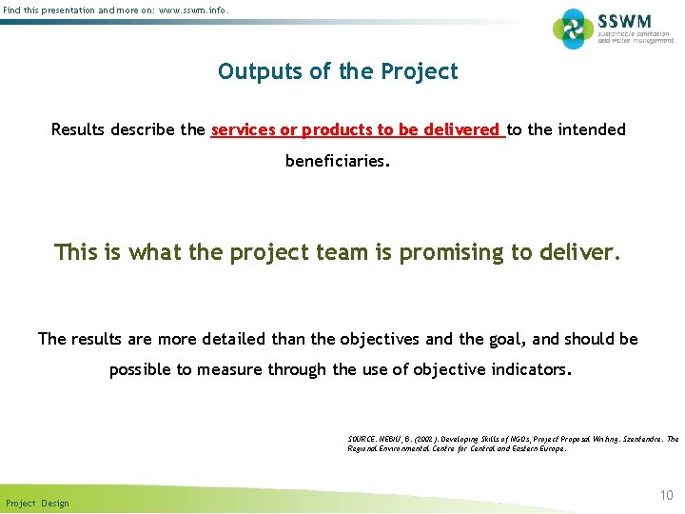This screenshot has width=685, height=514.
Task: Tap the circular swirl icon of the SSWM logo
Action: (x=574, y=29)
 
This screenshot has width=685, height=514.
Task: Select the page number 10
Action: (x=666, y=495)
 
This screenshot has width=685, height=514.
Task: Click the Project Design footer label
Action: (x=37, y=503)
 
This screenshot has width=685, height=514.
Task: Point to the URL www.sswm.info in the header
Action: (x=191, y=10)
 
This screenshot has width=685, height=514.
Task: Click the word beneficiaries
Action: (x=336, y=162)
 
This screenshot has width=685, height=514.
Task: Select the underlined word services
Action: (x=244, y=129)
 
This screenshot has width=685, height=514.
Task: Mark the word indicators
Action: (x=531, y=370)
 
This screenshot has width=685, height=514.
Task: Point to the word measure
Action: (x=227, y=370)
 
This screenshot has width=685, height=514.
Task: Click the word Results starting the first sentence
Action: (x=81, y=129)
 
